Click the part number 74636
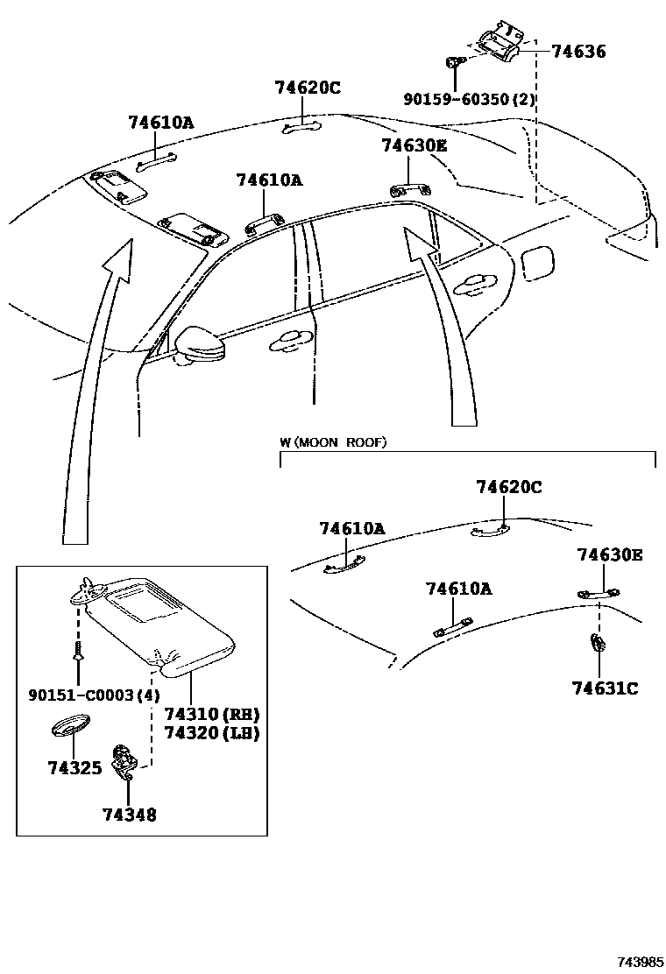[578, 52]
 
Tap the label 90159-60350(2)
[469, 100]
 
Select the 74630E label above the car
[414, 145]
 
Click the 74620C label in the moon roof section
[509, 487]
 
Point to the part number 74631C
[605, 688]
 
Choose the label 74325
[74, 768]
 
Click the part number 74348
[129, 815]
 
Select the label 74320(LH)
[212, 733]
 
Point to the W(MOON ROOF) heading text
[333, 442]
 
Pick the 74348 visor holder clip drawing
[124, 759]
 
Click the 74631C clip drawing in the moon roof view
[599, 646]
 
